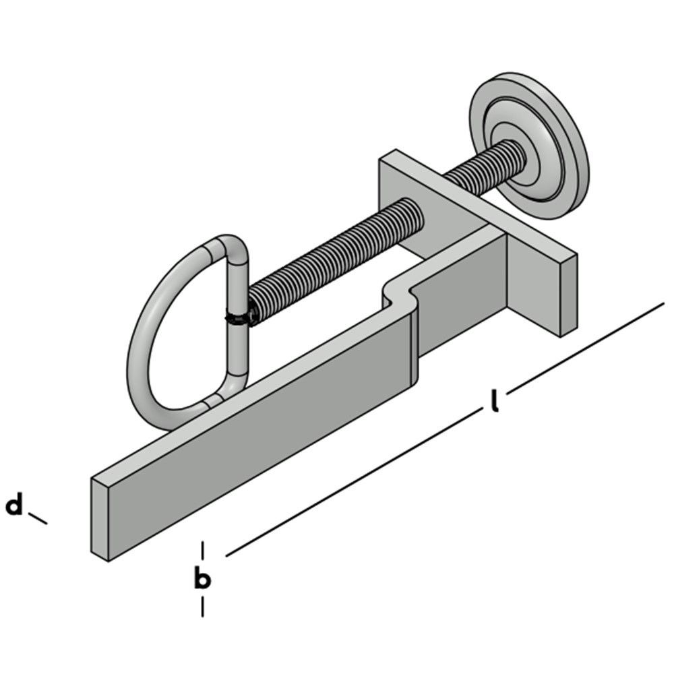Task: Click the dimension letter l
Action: point(495,400)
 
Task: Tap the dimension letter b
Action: point(202,578)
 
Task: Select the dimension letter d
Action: point(14,505)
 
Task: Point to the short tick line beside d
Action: point(38,518)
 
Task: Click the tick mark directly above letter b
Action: point(202,550)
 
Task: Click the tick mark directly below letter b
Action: point(202,607)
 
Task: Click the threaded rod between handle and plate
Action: point(337,256)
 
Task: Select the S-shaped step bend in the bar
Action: point(398,293)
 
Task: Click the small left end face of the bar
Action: point(100,519)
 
